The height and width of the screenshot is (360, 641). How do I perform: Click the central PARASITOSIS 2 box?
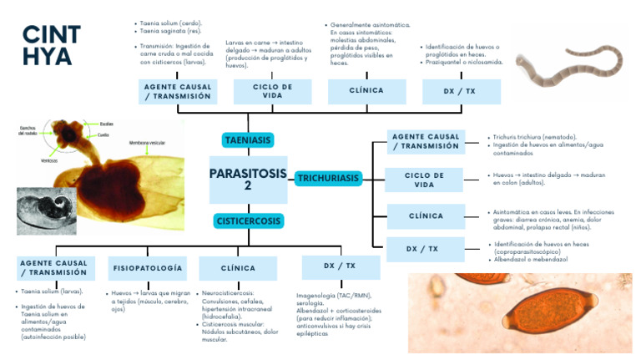click(248, 180)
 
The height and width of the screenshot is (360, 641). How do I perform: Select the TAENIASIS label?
click(248, 139)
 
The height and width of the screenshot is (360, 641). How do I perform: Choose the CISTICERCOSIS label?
click(248, 221)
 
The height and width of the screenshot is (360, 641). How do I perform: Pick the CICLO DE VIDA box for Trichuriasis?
click(425, 180)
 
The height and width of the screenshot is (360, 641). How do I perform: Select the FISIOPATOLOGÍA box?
click(146, 268)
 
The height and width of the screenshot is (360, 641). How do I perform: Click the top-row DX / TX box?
click(460, 91)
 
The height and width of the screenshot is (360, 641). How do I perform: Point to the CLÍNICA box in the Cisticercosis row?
click(238, 268)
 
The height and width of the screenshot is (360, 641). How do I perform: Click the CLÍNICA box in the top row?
click(366, 91)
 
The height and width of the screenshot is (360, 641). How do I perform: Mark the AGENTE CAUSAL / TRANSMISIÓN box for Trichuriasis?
click(425, 141)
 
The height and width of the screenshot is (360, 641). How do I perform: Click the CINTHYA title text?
click(51, 45)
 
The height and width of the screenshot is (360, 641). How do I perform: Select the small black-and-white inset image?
click(46, 210)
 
